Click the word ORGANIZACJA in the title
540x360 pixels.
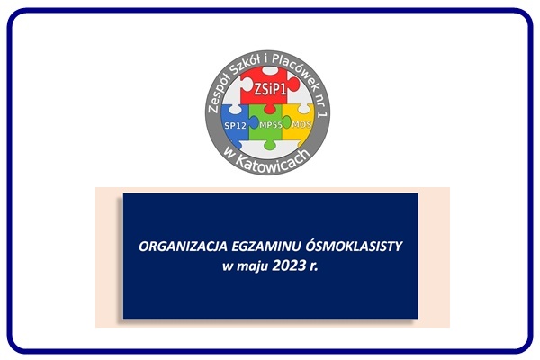point(183,247)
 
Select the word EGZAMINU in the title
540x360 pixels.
point(266,247)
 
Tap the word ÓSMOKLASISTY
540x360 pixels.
point(354,246)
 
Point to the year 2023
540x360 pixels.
point(289,266)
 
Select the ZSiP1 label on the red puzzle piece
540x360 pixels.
point(270,90)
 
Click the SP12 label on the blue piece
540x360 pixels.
point(236,125)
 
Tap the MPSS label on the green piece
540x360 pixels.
point(271,125)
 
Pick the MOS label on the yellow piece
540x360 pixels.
point(301,124)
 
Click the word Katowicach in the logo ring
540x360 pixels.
point(273,160)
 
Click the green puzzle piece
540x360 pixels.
point(268,127)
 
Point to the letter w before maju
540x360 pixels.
point(228,267)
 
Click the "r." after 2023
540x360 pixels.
point(314,267)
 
